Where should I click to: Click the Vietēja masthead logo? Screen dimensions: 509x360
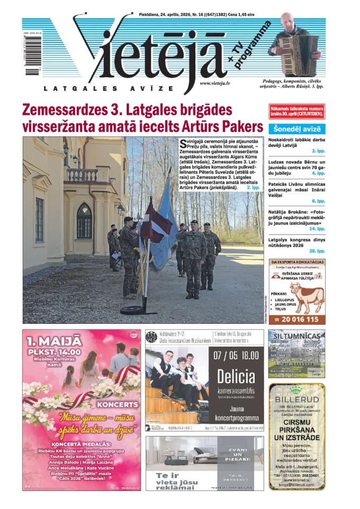coord(154,53)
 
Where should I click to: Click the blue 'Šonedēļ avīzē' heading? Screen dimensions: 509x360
coord(296,129)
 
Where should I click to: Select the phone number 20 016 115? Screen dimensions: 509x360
coord(300,320)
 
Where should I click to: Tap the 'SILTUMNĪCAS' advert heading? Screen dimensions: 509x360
coord(297,336)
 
